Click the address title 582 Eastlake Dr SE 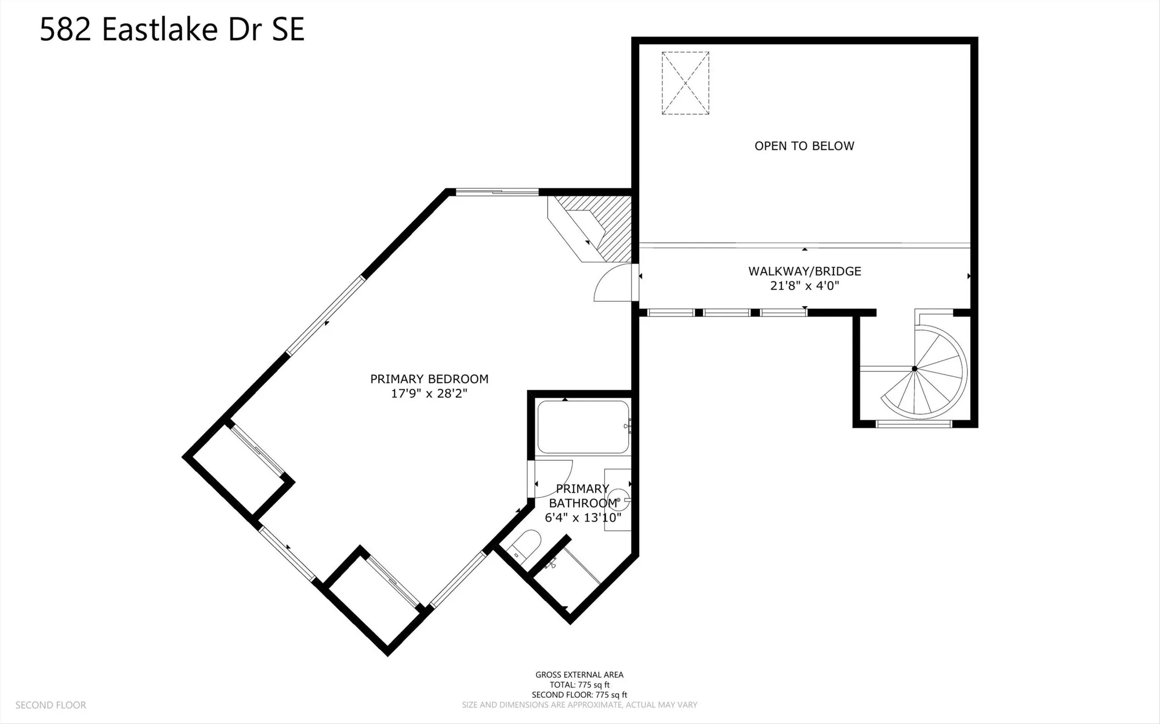pos(172,30)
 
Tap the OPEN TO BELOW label pos(804,146)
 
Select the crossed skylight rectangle pos(685,83)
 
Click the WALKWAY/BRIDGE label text pos(804,271)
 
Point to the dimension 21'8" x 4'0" pos(804,286)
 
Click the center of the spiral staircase pos(915,369)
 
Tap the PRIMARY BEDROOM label pos(429,379)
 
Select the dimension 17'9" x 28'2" pos(429,394)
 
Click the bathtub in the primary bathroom pos(583,427)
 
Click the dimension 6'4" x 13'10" pos(583,518)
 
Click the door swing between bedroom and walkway pos(614,284)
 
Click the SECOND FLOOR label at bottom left pos(50,705)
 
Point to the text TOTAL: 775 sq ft pos(579,685)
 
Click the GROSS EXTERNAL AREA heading pos(579,675)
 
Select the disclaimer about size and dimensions pos(579,705)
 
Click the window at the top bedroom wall pos(496,192)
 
